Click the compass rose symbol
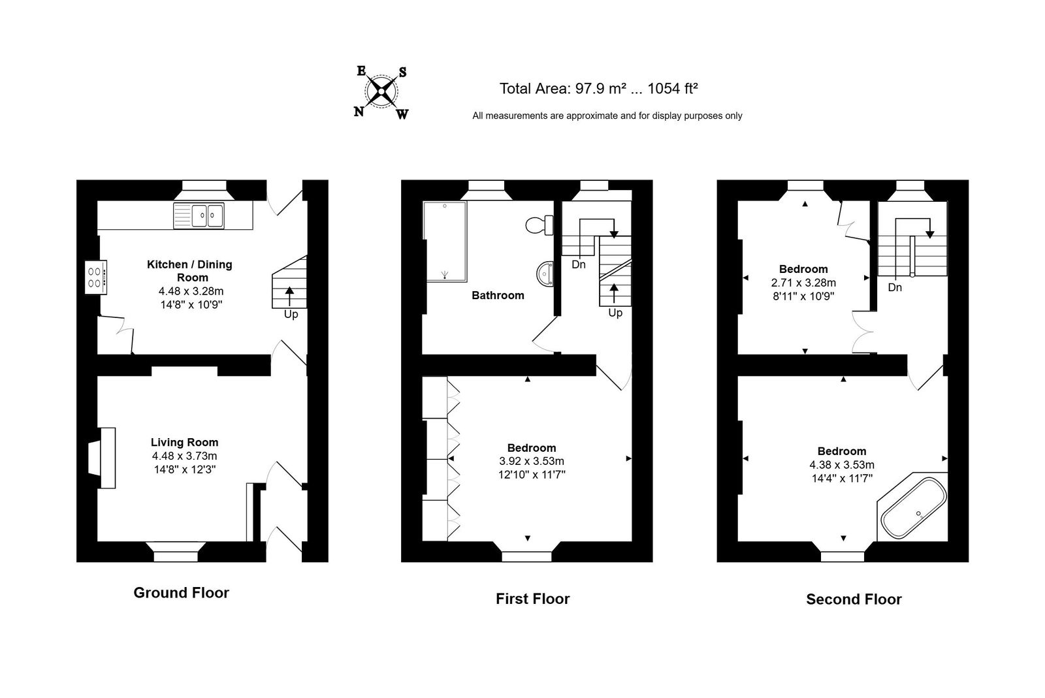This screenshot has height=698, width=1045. tap(381, 92)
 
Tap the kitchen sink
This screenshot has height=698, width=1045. tap(199, 215)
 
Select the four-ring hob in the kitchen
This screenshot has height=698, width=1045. tap(95, 277)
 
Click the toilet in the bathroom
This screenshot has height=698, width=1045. tap(539, 225)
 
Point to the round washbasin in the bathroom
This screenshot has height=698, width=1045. tap(545, 274)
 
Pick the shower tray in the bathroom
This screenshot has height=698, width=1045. tap(445, 242)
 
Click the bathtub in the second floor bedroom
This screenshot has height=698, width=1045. tap(913, 507)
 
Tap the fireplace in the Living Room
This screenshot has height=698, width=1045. tap(102, 458)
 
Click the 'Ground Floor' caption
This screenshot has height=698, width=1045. tap(181, 593)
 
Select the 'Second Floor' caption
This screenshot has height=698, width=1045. tap(854, 599)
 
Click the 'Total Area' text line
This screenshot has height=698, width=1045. tap(598, 88)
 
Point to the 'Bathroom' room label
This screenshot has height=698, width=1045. tap(498, 295)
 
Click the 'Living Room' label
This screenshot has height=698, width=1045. tap(184, 442)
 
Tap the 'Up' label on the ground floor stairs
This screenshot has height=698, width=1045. tap(291, 314)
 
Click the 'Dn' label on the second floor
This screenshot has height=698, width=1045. tap(895, 287)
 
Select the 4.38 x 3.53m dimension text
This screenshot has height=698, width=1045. tap(842, 464)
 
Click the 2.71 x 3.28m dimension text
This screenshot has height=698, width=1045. tap(803, 283)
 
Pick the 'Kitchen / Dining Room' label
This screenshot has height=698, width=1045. tap(189, 271)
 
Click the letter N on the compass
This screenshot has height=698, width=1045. tap(359, 112)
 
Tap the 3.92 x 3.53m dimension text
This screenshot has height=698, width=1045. tap(532, 461)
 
